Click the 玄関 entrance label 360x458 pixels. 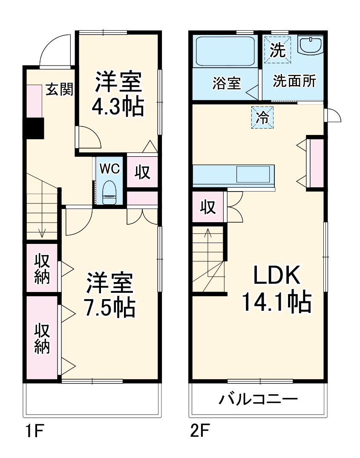click(59, 89)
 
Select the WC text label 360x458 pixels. click(109, 169)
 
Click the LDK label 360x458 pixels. click(277, 276)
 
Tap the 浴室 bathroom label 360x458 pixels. click(227, 83)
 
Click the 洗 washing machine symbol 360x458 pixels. click(278, 50)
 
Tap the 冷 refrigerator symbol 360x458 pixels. click(262, 117)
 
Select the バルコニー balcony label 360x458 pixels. click(258, 400)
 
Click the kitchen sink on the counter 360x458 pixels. click(253, 175)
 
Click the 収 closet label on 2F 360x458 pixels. click(208, 207)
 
